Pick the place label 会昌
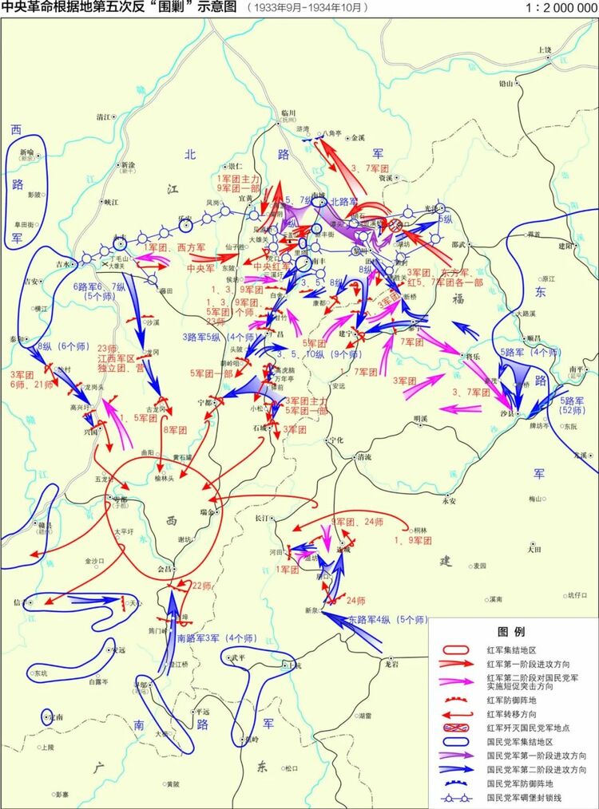[x=165, y=569]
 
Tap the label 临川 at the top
[x=288, y=113]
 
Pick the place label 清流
[x=364, y=457]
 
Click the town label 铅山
[x=506, y=82]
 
